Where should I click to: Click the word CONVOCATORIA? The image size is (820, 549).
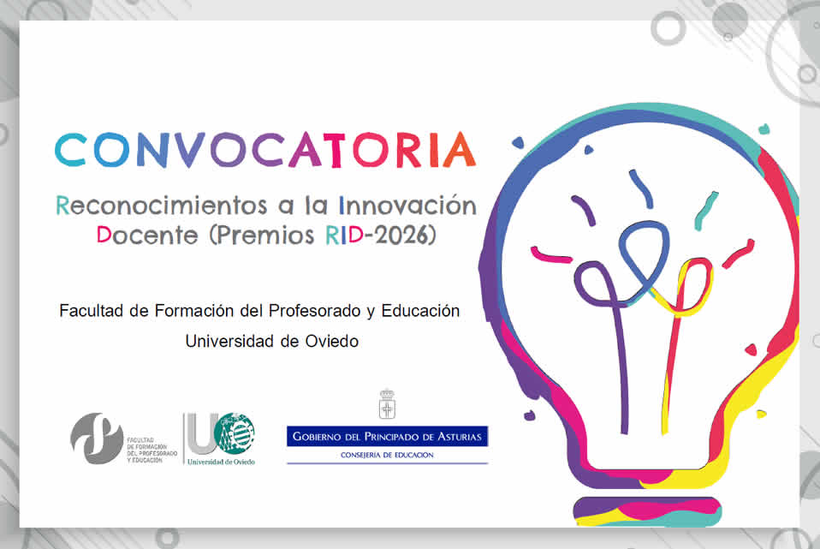(265, 149)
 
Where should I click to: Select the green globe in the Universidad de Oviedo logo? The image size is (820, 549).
(235, 433)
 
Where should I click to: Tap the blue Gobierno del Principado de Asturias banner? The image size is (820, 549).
(387, 437)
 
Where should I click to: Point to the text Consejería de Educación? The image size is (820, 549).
(387, 455)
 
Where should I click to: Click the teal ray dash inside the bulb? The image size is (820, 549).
(704, 211)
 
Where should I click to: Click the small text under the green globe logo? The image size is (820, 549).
(222, 461)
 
